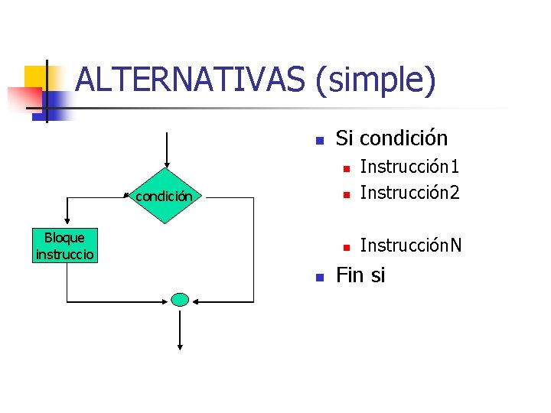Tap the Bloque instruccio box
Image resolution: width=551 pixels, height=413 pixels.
(65, 246)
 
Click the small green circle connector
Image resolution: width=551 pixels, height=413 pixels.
(180, 300)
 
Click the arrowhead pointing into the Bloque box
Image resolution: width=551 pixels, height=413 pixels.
(67, 224)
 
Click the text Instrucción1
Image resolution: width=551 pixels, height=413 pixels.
(409, 167)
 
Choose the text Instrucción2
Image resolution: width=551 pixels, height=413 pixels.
(409, 193)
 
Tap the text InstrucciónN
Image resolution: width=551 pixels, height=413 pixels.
(411, 246)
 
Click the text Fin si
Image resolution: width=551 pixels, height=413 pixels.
(360, 275)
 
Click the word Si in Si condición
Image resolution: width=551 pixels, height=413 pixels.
(344, 138)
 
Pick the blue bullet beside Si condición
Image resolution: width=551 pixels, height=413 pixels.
(320, 141)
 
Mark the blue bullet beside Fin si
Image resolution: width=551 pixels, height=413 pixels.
(320, 277)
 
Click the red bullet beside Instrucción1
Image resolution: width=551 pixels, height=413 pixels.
(345, 168)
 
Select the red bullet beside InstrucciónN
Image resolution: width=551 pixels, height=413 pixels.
(345, 247)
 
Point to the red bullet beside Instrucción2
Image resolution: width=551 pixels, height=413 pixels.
(345, 194)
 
